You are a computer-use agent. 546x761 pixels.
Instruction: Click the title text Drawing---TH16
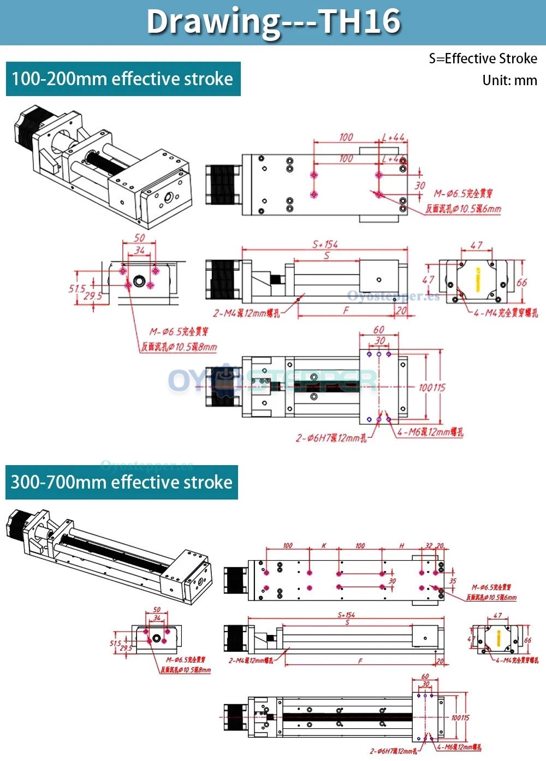(x=273, y=22)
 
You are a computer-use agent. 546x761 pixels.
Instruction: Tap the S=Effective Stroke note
(x=483, y=59)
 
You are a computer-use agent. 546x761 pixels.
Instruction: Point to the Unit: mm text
(x=509, y=81)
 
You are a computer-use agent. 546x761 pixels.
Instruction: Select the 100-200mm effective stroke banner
(x=123, y=79)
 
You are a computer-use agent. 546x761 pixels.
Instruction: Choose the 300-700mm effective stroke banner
(x=122, y=482)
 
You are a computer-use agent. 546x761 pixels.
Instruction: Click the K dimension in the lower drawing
(x=324, y=545)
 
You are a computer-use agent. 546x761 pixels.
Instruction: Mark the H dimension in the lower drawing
(x=402, y=545)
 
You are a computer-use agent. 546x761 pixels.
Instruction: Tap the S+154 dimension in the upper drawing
(x=325, y=245)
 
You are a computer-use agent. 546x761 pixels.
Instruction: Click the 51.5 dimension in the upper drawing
(x=77, y=289)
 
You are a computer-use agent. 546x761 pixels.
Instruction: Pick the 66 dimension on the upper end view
(x=522, y=282)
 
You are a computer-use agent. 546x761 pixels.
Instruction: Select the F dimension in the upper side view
(x=346, y=311)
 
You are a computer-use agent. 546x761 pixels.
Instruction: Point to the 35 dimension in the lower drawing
(x=453, y=581)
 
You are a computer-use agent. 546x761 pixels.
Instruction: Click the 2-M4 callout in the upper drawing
(x=246, y=313)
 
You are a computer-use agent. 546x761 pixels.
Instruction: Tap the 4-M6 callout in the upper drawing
(x=430, y=432)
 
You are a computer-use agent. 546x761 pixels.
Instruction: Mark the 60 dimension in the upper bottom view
(x=379, y=330)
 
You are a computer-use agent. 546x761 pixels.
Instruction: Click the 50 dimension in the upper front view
(x=140, y=238)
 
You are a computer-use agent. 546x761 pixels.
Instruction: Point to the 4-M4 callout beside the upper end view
(x=506, y=313)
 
